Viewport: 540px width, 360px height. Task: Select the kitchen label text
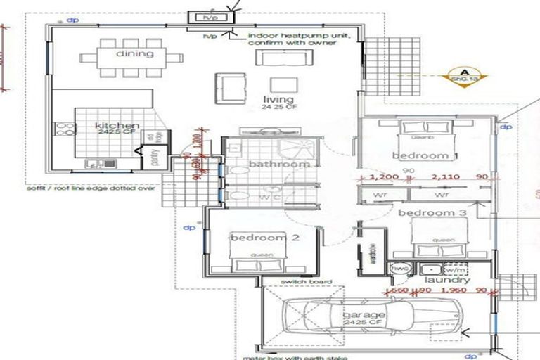[x=112, y=126]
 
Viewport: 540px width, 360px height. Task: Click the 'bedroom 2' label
[x=265, y=238]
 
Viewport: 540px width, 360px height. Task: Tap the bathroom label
[x=270, y=164]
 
